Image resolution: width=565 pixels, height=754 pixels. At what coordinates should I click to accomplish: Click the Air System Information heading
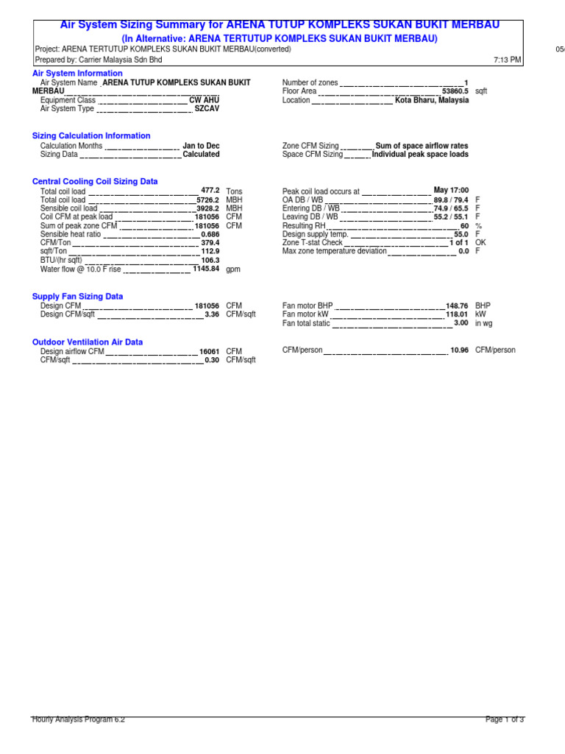[x=77, y=74]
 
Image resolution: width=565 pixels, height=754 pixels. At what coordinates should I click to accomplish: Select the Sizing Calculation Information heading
[x=91, y=135]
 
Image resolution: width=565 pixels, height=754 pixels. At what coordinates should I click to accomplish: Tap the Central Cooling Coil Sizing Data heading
[x=95, y=181]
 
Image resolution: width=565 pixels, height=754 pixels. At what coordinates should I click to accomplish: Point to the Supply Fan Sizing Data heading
[x=77, y=296]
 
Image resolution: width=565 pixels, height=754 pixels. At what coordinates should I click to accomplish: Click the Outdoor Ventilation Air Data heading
[x=88, y=342]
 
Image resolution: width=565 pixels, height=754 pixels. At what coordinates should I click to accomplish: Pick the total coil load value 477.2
[x=210, y=190]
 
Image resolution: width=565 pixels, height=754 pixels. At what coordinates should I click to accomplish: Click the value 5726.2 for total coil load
[x=208, y=200]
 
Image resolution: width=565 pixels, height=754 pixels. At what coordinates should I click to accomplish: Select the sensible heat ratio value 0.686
[x=210, y=234]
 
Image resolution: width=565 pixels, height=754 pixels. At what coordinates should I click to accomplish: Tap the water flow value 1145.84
[x=206, y=269]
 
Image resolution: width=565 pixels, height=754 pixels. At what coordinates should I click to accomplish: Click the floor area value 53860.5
[x=455, y=91]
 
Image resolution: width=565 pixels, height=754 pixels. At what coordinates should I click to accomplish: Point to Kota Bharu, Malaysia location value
[x=432, y=100]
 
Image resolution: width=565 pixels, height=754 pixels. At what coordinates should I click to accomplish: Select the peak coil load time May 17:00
[x=451, y=190]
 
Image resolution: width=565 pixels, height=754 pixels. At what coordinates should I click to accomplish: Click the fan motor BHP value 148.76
[x=457, y=305]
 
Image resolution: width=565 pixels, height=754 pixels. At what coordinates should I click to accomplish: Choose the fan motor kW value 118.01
[x=457, y=314]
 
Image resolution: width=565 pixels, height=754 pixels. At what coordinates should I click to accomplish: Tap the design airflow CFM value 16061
[x=210, y=351]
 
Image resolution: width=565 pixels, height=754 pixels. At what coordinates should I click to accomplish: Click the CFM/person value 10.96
[x=459, y=350]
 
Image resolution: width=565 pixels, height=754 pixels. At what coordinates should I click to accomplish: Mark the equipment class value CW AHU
[x=205, y=99]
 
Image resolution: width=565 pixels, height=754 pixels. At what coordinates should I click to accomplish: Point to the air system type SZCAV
[x=207, y=108]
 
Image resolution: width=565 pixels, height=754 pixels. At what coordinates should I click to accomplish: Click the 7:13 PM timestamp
[x=508, y=60]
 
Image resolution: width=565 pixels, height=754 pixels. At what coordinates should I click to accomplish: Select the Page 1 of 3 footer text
[x=505, y=719]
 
